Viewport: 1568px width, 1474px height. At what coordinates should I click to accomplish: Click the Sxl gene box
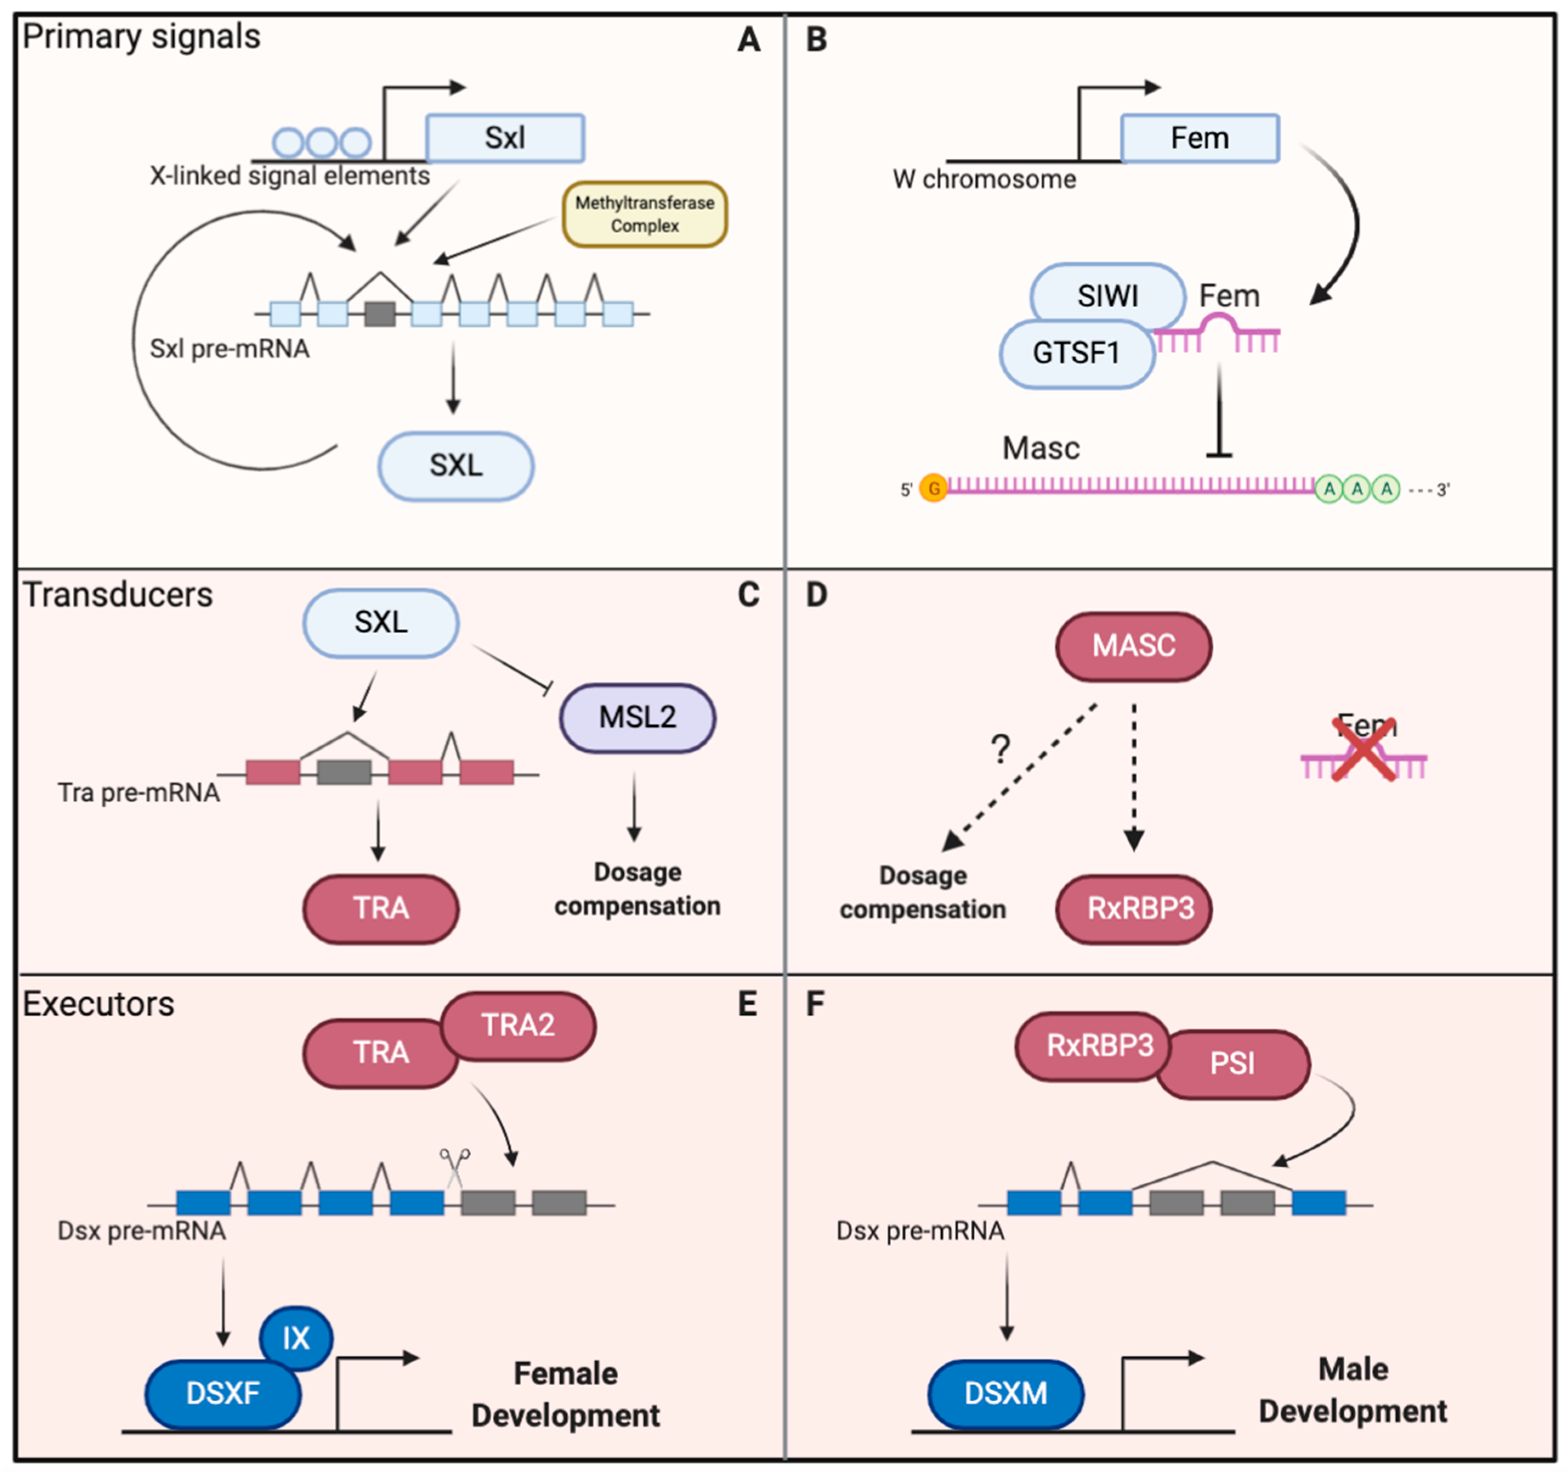505,138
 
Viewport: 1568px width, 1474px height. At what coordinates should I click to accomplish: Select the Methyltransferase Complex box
645,215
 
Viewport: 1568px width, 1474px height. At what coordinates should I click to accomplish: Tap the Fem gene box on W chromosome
1199,138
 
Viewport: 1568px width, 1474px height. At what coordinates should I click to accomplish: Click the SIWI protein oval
1108,296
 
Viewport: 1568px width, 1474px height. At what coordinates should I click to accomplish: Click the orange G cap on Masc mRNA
934,489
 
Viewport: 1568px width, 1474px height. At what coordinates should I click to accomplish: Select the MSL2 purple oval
637,717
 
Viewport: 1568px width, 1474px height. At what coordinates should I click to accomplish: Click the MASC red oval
1133,647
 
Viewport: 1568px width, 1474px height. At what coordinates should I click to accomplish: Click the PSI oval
1232,1064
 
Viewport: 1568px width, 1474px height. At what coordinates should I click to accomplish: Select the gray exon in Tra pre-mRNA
344,772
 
